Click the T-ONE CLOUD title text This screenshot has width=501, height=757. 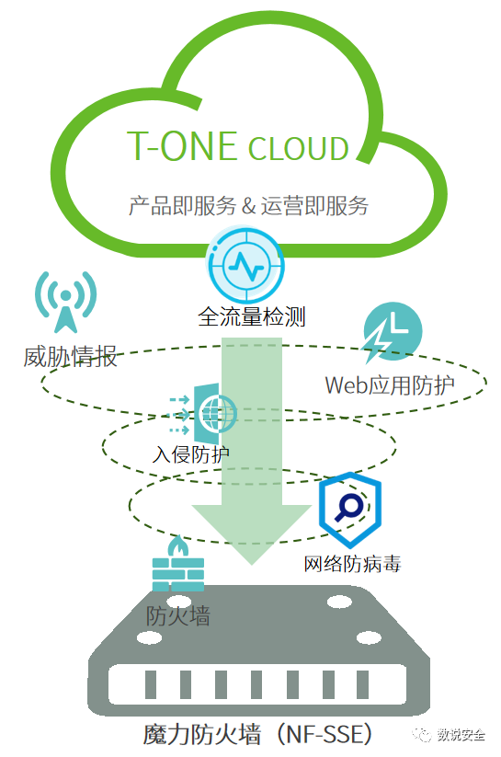click(237, 146)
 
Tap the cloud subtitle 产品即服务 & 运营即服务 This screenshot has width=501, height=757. click(248, 206)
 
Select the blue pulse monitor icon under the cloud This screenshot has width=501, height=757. click(245, 266)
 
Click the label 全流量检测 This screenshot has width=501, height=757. click(252, 317)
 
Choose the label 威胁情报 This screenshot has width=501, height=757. click(71, 357)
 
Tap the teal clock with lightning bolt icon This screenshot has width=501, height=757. click(393, 333)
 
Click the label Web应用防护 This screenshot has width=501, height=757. click(390, 385)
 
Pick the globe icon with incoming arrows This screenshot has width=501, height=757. click(202, 414)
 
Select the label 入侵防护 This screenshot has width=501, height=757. click(190, 454)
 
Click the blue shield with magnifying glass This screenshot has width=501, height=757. click(350, 509)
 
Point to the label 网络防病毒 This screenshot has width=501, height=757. click(352, 564)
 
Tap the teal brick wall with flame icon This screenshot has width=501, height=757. click(178, 564)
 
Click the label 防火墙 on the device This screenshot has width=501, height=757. click(178, 615)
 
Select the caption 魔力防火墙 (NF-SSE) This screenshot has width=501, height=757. click(258, 734)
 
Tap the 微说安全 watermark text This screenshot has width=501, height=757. click(461, 734)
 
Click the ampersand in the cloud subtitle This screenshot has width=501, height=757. click(248, 206)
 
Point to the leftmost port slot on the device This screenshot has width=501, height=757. click(151, 684)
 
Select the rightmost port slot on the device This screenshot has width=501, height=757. click(362, 684)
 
